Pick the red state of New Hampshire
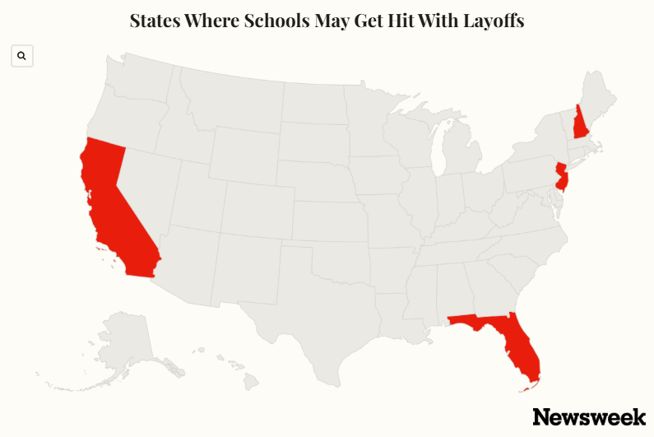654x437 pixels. click(581, 124)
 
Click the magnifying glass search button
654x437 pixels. click(22, 56)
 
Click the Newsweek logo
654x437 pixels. click(589, 416)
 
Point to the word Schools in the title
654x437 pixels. click(279, 21)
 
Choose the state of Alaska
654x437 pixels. click(123, 346)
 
